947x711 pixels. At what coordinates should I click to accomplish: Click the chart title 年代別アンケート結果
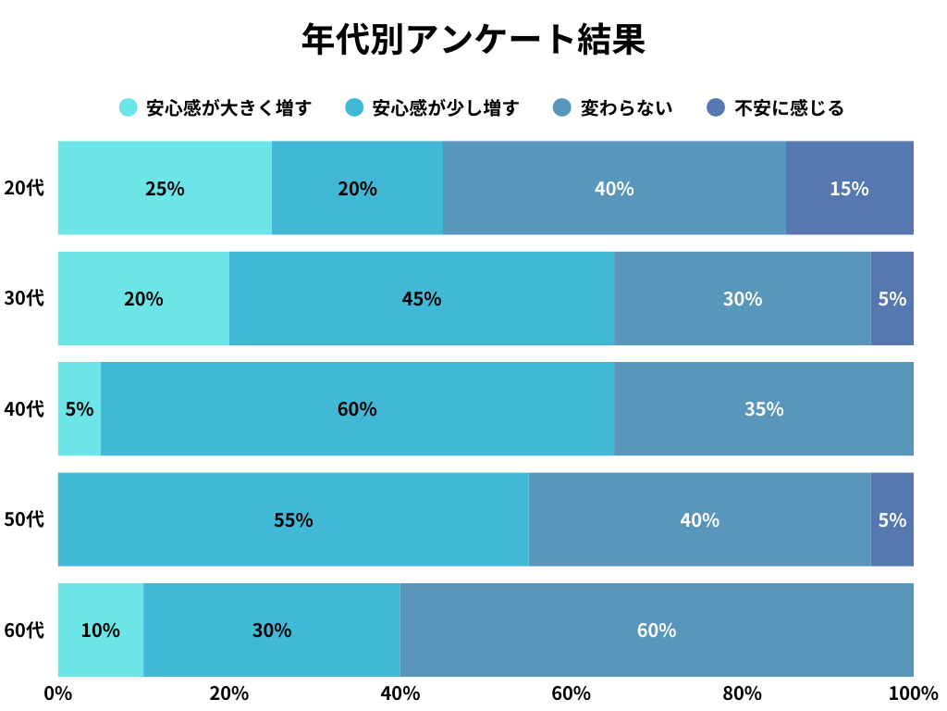coord(473,40)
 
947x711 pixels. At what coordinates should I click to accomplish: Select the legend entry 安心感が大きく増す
coord(215,108)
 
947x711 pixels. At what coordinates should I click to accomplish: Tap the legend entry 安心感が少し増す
coord(433,108)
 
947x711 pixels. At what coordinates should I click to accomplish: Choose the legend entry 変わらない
coord(612,108)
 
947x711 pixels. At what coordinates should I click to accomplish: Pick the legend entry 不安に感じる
coord(775,108)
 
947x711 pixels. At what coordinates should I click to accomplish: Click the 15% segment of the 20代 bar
coord(849,188)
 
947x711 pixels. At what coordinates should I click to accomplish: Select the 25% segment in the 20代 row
coord(165,188)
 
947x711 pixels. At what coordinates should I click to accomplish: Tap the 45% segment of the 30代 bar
coord(422,298)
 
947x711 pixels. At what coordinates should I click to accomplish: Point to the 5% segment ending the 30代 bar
coord(892,298)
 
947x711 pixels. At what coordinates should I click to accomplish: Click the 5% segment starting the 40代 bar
coord(80,408)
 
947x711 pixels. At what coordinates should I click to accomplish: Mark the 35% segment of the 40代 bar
coord(764,408)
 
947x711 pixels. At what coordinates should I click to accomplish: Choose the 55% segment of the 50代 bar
coord(293,519)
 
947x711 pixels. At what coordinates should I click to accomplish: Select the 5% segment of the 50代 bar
coord(892,519)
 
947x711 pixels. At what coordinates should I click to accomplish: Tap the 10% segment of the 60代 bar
coord(100,630)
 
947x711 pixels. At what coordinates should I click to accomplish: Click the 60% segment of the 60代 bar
coord(657,630)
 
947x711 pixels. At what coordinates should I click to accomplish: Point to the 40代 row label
coord(24,408)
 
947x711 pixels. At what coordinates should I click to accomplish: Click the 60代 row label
coord(24,630)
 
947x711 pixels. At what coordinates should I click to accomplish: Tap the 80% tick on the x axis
coord(742,693)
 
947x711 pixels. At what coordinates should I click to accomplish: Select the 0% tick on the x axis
coord(58,693)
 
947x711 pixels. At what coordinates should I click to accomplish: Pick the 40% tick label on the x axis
coord(400,693)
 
